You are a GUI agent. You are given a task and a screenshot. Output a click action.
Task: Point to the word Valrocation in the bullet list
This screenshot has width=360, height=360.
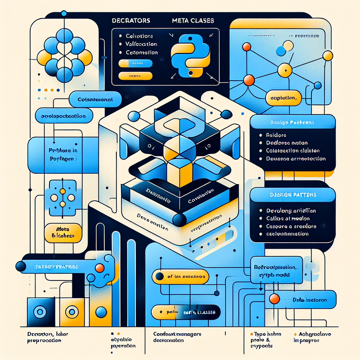click(x=141, y=44)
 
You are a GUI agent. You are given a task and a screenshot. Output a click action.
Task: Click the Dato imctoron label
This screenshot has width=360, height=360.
click(x=310, y=300)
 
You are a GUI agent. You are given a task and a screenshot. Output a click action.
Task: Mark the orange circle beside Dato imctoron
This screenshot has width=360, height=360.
click(x=274, y=299)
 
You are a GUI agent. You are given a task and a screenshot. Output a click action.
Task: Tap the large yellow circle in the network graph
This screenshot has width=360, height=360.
click(x=285, y=70)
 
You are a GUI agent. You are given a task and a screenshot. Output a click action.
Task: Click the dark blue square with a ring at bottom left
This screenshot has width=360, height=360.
click(x=40, y=311)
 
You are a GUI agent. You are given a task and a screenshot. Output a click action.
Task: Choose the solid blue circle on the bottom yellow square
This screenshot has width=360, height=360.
click(x=101, y=311)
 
